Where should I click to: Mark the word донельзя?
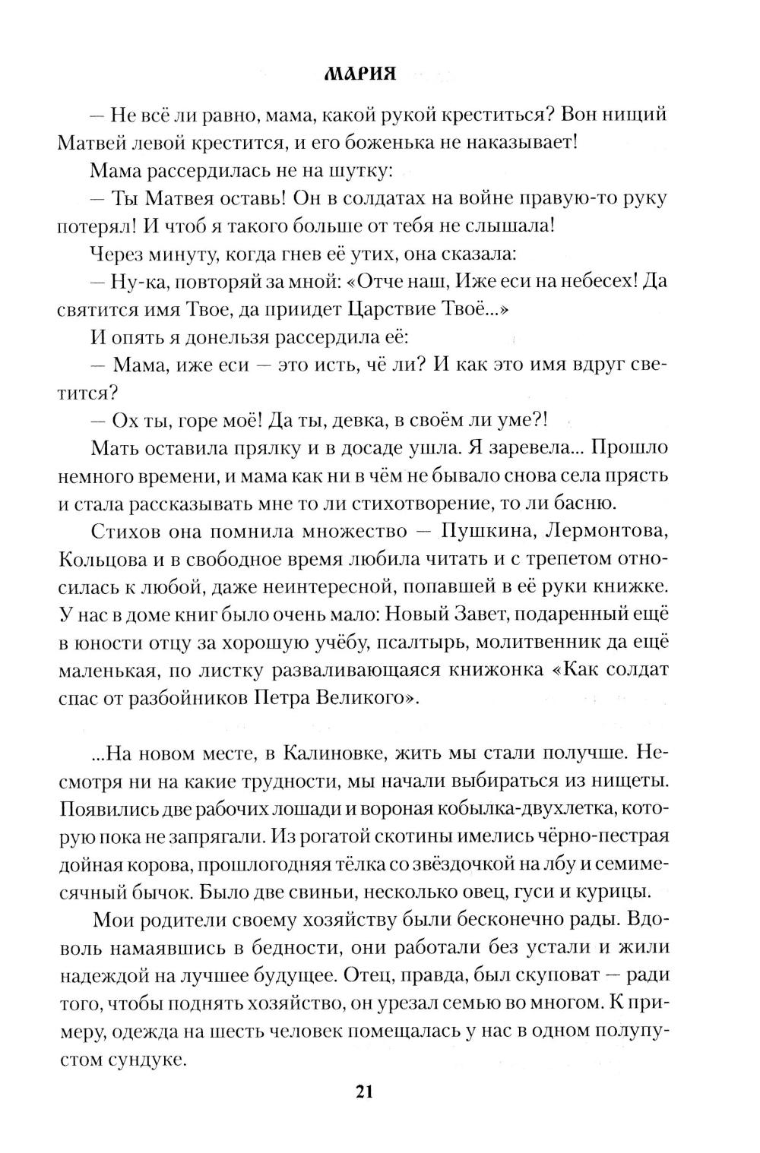[x=249, y=337]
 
